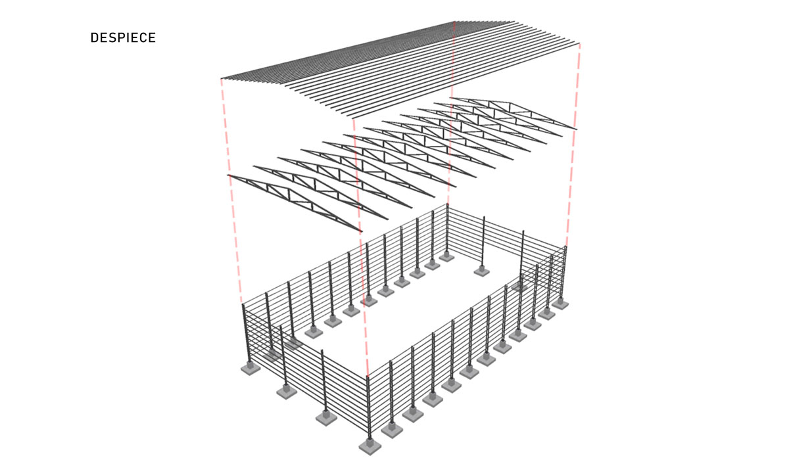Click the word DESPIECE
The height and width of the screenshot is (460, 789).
[x=123, y=37]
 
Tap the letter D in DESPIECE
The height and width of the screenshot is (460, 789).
[x=95, y=37]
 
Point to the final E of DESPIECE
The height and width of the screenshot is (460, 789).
[x=152, y=37]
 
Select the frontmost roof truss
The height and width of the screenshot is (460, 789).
[x=295, y=202]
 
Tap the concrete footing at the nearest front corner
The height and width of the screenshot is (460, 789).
[x=370, y=446]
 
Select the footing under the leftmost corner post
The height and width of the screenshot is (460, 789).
[x=251, y=368]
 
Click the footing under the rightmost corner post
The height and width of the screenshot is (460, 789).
[x=560, y=303]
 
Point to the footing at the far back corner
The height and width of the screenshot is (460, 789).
[x=446, y=256]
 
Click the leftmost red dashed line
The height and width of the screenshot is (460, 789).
[x=231, y=191]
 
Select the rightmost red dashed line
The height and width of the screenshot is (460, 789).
[x=573, y=145]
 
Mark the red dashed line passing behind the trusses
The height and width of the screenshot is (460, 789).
[x=451, y=112]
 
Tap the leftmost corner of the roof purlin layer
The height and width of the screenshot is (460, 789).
[x=221, y=78]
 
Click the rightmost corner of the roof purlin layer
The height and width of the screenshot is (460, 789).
[x=580, y=43]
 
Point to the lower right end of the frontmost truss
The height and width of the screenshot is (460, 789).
[x=362, y=231]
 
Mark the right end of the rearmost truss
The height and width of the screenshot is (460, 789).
[x=577, y=129]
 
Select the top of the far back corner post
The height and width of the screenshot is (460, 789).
[x=447, y=204]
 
